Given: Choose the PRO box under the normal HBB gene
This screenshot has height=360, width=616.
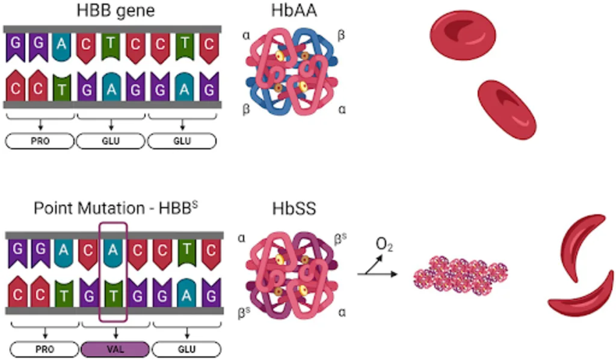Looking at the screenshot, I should tap(40, 141).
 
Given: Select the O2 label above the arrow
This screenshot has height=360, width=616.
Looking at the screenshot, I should tap(384, 245).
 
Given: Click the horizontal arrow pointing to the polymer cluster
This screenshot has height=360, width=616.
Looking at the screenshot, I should tap(377, 275).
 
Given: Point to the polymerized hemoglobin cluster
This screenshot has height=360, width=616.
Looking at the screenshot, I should tap(460, 276).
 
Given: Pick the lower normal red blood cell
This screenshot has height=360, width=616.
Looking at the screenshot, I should tap(507, 110).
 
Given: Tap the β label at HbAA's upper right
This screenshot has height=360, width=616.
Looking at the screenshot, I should tap(341, 37).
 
